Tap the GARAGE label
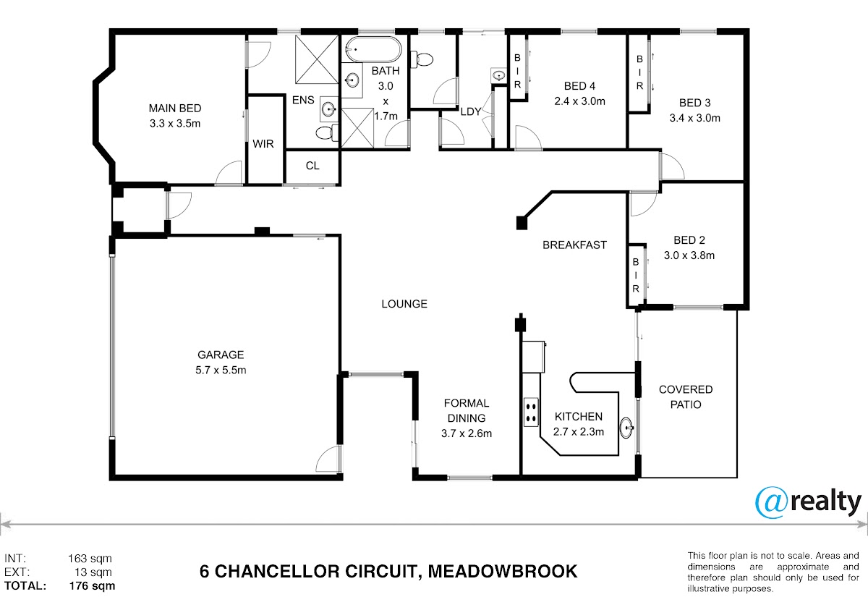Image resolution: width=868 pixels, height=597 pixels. click(221, 355)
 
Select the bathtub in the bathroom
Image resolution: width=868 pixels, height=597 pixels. click(373, 51)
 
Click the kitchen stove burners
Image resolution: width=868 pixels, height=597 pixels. click(531, 410)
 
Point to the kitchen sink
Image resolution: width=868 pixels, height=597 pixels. click(627, 428)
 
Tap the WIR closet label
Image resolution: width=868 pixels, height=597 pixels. click(263, 144)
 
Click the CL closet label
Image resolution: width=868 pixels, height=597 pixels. click(312, 166)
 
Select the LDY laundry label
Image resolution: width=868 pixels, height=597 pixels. click(471, 111)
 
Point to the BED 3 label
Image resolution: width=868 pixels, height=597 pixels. click(695, 103)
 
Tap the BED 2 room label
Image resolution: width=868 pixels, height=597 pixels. click(689, 240)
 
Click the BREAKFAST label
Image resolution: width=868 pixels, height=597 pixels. click(574, 245)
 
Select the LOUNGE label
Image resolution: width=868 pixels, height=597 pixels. click(404, 304)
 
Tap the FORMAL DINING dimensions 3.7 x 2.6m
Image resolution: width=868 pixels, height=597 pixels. click(467, 433)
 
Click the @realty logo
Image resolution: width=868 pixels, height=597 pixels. click(808, 502)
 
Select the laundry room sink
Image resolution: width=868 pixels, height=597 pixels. click(498, 75)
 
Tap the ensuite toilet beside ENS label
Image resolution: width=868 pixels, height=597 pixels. click(326, 132)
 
